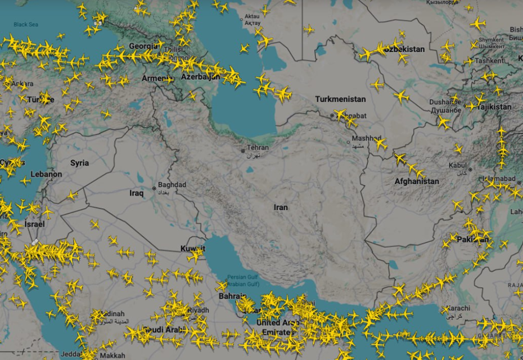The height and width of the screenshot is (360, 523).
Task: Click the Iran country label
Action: pyautogui.click(x=281, y=208)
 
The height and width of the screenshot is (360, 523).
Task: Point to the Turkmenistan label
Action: pyautogui.click(x=340, y=100)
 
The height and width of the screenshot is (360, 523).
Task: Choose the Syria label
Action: pyautogui.click(x=79, y=163)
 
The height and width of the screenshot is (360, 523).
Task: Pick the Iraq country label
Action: pyautogui.click(x=137, y=193)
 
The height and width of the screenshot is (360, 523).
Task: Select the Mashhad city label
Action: pyautogui.click(x=366, y=138)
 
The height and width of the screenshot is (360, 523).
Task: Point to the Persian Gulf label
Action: pyautogui.click(x=242, y=277)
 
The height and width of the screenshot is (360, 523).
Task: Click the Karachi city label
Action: pyautogui.click(x=459, y=309)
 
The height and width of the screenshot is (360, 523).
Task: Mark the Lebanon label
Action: pyautogui.click(x=46, y=174)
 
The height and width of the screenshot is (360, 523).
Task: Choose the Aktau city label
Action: pyautogui.click(x=253, y=17)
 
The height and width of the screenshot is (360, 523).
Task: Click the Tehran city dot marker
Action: pyautogui.click(x=243, y=151)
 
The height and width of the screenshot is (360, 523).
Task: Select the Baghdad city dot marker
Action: pyautogui.click(x=154, y=188)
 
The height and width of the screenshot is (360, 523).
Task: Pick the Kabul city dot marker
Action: pyautogui.click(x=470, y=169)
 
